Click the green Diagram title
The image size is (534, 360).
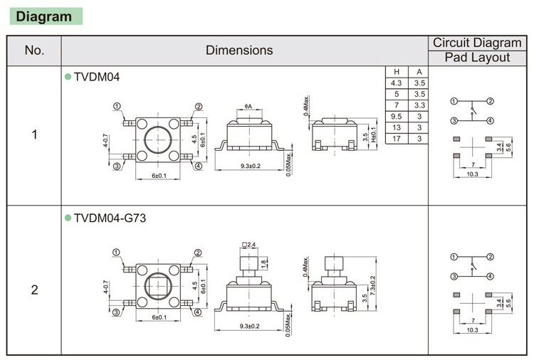click(43, 16)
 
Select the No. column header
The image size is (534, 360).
click(34, 50)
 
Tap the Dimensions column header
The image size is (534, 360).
click(239, 50)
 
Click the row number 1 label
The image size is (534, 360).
click(34, 134)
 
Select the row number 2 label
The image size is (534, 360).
click(34, 290)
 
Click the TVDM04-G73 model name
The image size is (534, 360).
click(110, 218)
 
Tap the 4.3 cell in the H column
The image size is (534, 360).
click(397, 83)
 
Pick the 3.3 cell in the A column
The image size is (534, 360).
click(419, 105)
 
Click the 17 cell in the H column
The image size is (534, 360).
click(397, 138)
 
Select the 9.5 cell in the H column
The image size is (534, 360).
click(397, 116)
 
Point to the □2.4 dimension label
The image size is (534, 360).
click(248, 246)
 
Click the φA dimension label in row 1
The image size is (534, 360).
click(249, 107)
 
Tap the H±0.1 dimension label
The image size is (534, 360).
click(372, 137)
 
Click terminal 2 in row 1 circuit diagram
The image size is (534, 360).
click(490, 102)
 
